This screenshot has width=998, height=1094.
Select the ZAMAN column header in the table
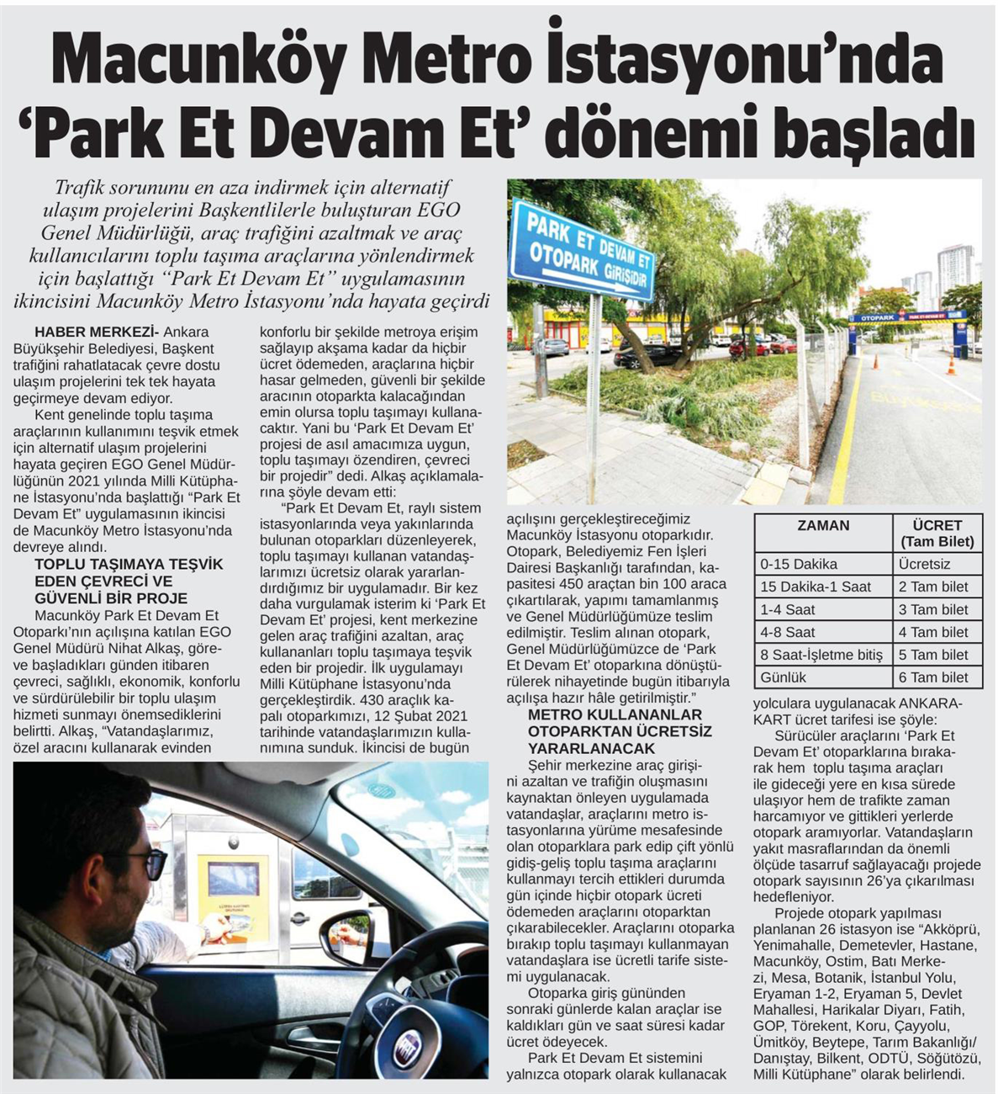pyautogui.click(x=822, y=526)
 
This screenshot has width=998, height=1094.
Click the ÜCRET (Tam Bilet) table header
pyautogui.click(x=936, y=534)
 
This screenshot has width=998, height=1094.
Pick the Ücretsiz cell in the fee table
pyautogui.click(x=924, y=565)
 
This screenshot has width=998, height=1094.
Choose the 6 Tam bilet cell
pyautogui.click(x=933, y=677)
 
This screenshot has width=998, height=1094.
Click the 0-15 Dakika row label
pyautogui.click(x=799, y=565)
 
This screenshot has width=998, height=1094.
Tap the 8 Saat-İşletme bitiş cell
pyautogui.click(x=821, y=655)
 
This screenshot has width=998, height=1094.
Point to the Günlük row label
pyautogui.click(x=784, y=677)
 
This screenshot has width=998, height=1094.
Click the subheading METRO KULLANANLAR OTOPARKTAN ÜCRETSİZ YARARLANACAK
pyautogui.click(x=620, y=731)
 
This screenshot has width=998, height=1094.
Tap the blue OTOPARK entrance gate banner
pyautogui.click(x=907, y=316)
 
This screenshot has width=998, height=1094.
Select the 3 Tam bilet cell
pyautogui.click(x=933, y=609)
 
